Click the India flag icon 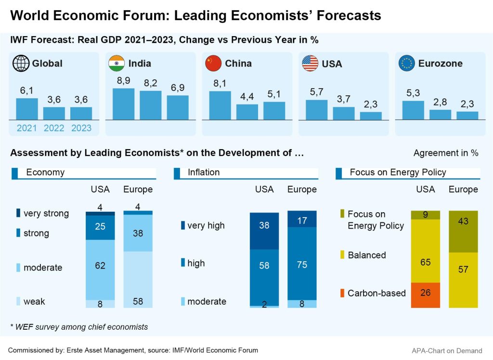117,63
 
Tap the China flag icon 213,63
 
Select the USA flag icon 310,63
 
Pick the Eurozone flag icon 407,63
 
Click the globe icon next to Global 21,63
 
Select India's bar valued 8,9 123,104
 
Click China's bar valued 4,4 247,112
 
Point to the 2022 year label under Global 54,129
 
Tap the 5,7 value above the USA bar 316,92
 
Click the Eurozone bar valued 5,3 413,110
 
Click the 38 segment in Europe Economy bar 138,233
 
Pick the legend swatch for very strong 18,213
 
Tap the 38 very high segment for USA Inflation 264,231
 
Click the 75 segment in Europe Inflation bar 302,264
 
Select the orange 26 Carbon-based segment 425,295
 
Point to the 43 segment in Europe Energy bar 463,231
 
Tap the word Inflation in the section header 204,172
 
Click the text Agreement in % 446,153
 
